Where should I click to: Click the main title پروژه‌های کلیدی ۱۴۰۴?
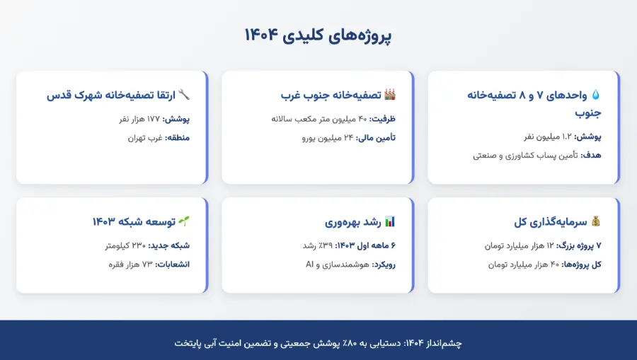[x=318, y=35]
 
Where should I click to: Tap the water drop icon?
[x=595, y=95]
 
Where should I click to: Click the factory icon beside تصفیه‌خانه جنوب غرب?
[x=389, y=95]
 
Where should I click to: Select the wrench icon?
[x=184, y=95]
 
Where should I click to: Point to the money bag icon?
[x=595, y=221]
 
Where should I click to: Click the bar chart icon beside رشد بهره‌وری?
[x=389, y=221]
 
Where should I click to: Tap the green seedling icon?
[x=184, y=221]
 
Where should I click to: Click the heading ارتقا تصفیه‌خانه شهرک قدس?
[x=111, y=95]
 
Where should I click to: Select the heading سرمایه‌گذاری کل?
[x=551, y=222]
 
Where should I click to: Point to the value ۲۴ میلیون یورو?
[x=328, y=138]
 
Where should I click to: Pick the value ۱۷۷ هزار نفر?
[x=139, y=119]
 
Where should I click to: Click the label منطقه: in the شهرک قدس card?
[x=177, y=138]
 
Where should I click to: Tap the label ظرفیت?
[x=382, y=119]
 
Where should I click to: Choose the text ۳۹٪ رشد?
[x=318, y=245]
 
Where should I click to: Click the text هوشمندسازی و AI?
[x=337, y=265]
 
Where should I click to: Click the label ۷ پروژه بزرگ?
[x=578, y=245]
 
